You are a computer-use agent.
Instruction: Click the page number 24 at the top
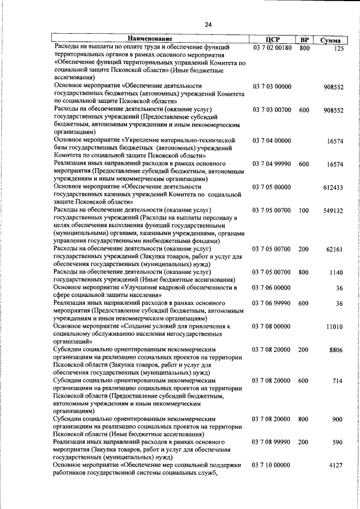coord(208,24)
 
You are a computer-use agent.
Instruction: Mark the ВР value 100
coord(304,210)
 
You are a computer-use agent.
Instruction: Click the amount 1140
coord(336,273)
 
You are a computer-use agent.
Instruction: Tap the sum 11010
coord(335,327)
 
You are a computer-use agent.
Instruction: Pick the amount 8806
coord(336,350)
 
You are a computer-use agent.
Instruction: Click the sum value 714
coord(337,381)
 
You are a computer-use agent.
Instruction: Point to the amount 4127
coord(336,465)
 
